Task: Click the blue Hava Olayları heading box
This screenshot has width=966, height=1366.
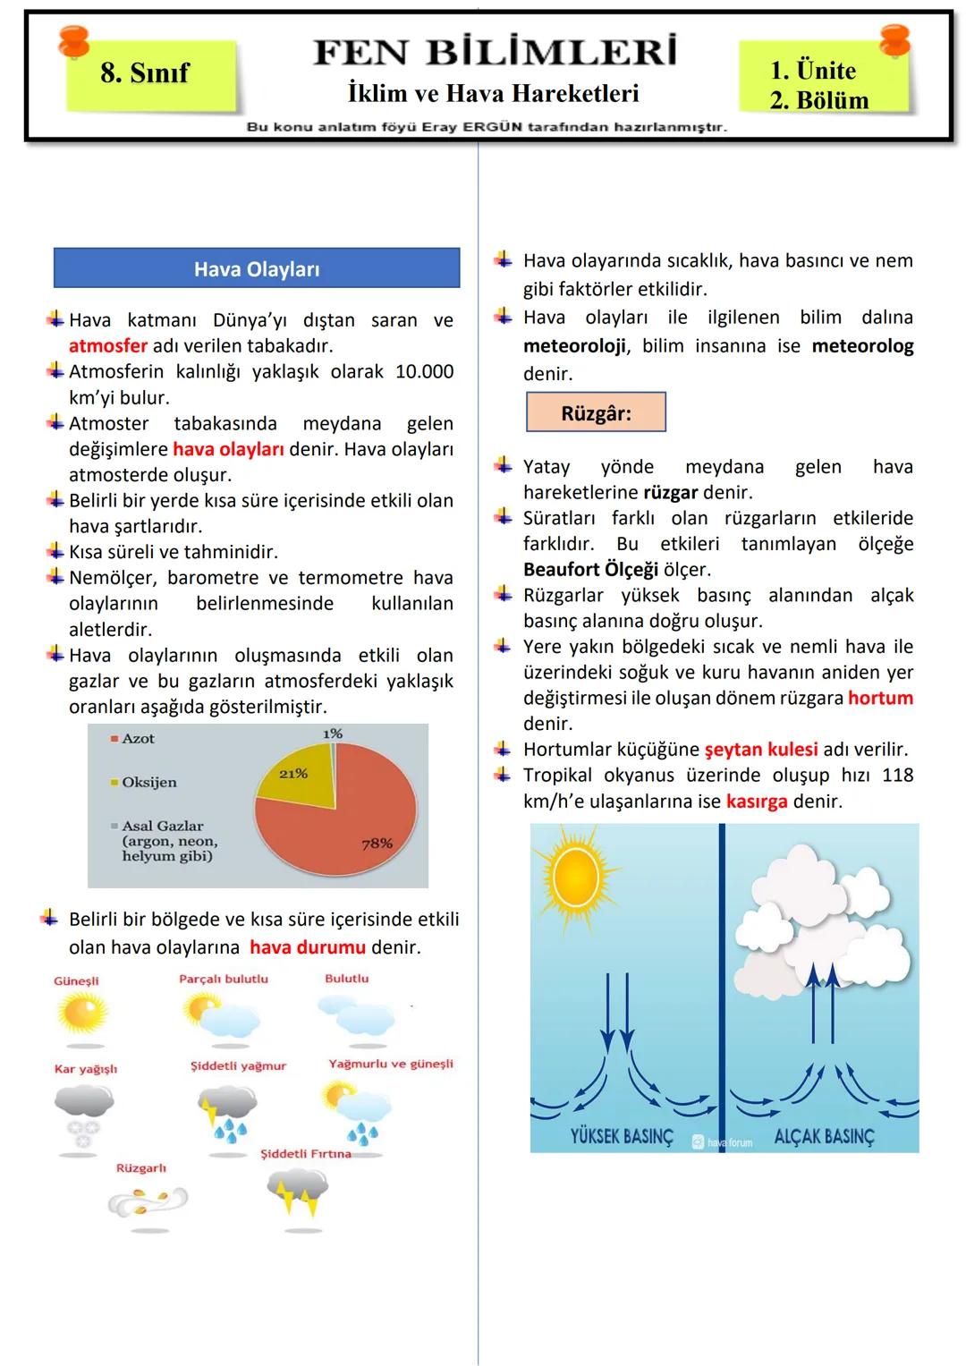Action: click(x=257, y=268)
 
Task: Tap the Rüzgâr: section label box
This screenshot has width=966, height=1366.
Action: click(x=596, y=412)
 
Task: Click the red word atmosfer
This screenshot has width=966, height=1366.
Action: click(x=107, y=345)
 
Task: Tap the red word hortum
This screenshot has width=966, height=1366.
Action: click(x=880, y=698)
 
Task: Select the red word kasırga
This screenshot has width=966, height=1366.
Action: click(x=757, y=802)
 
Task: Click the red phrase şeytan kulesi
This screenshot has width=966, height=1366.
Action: click(x=761, y=750)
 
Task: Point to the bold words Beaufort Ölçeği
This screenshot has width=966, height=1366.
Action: click(x=590, y=570)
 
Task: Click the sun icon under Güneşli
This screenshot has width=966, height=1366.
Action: click(x=80, y=1014)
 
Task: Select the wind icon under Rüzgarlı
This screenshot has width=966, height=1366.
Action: click(x=148, y=1201)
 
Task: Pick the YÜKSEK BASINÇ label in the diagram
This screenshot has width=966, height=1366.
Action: click(x=622, y=1136)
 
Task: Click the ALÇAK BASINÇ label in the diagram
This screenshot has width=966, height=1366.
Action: click(x=824, y=1136)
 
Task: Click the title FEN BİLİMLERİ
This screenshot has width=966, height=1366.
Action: click(x=495, y=53)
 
